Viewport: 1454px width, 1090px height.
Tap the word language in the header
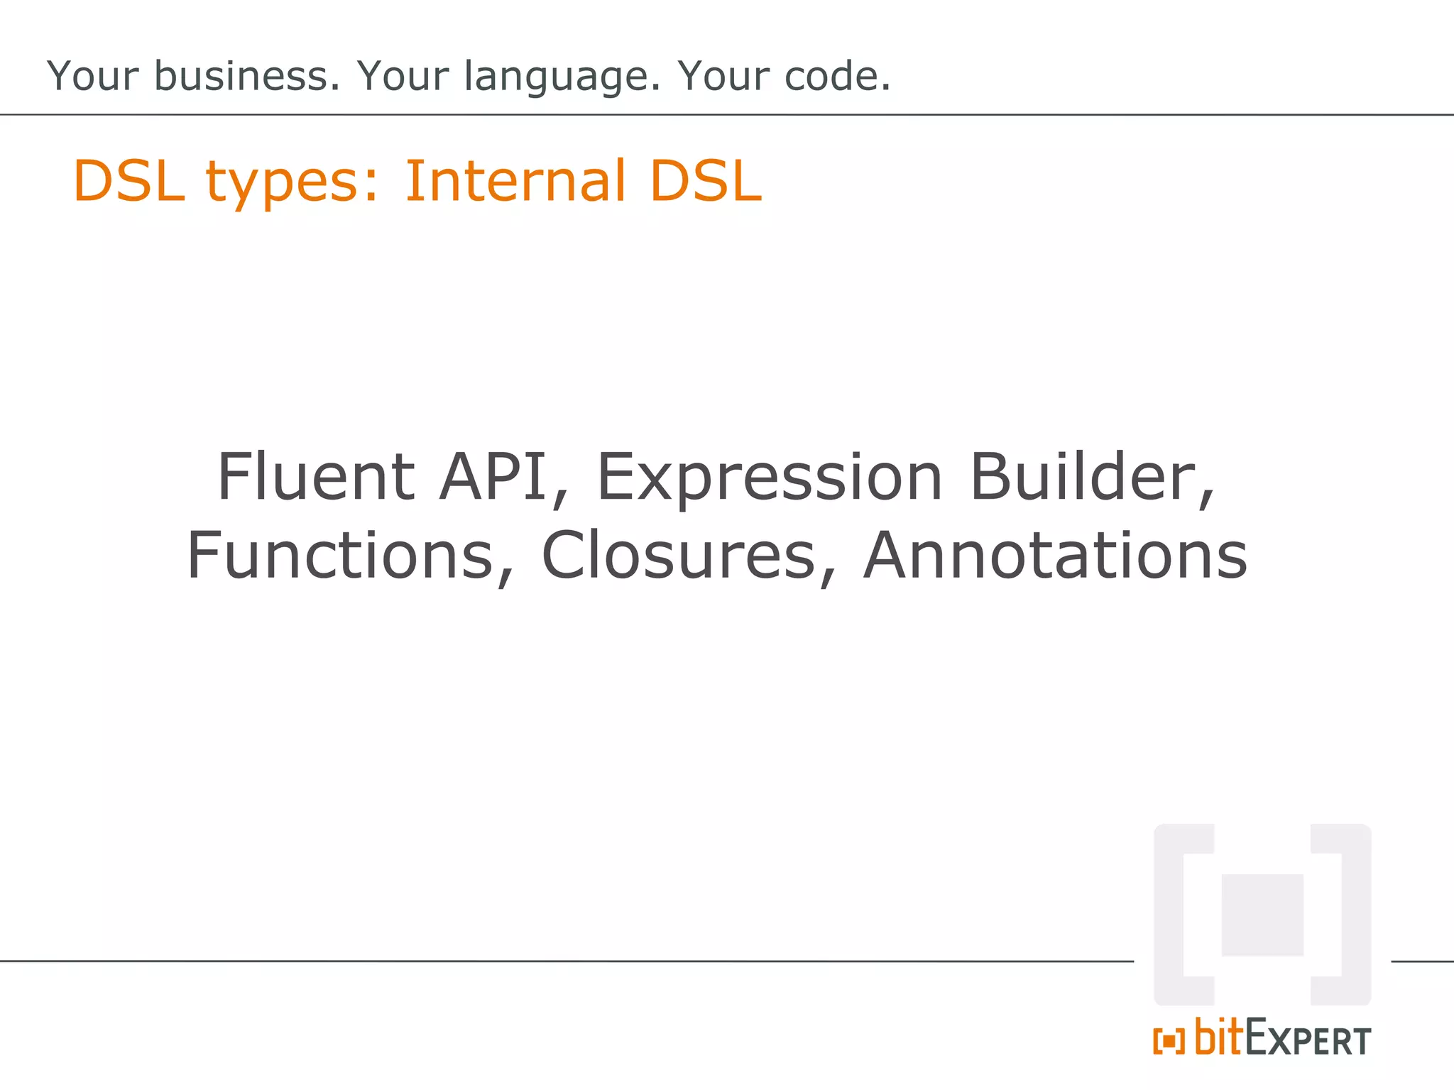(561, 77)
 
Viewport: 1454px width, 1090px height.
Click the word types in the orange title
(292, 182)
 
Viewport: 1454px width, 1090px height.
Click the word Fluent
(315, 476)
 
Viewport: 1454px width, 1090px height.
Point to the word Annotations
(1055, 555)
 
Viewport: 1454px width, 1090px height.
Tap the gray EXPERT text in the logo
(1308, 1040)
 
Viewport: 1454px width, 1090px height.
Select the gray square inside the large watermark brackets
(1262, 915)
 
